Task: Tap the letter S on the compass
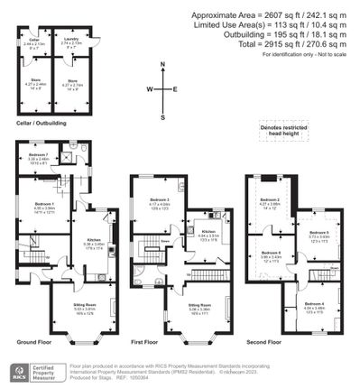pos(162,116)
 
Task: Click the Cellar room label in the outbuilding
pos(33,41)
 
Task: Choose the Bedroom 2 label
pos(268,199)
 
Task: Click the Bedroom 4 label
pos(315,305)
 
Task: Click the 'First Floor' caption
pos(145,344)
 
